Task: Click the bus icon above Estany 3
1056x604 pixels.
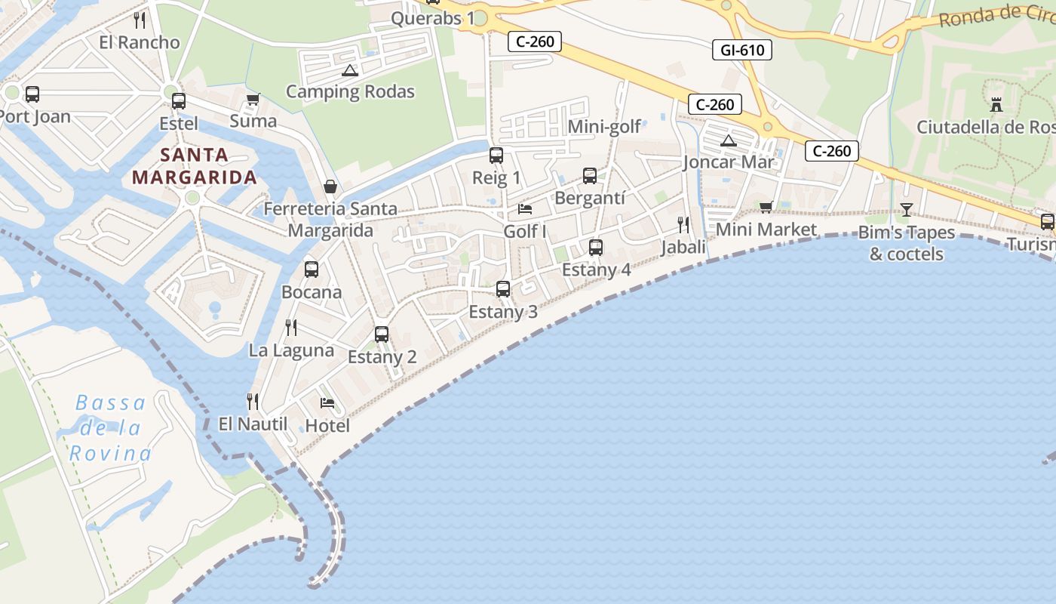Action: click(x=503, y=288)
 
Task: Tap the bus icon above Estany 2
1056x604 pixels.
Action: click(x=382, y=334)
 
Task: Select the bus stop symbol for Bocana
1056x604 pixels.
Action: click(x=311, y=269)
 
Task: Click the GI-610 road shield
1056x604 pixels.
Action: click(x=742, y=51)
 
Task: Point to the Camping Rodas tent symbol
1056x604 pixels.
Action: click(x=349, y=71)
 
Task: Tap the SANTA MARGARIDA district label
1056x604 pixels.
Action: click(x=195, y=166)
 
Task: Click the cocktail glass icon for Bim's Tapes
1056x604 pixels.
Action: click(x=907, y=210)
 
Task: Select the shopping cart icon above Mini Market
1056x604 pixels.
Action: click(x=766, y=207)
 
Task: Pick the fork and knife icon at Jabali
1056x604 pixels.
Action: click(x=683, y=224)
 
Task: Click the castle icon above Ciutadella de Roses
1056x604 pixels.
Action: click(x=996, y=105)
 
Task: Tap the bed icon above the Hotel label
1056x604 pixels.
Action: click(x=327, y=402)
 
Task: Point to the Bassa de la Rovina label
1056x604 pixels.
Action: click(x=110, y=428)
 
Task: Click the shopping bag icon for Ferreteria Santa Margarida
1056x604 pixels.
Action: click(x=330, y=186)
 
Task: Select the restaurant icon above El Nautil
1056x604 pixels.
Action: click(x=253, y=401)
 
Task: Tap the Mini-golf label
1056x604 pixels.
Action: click(x=604, y=127)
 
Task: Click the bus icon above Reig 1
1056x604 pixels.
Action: click(x=496, y=156)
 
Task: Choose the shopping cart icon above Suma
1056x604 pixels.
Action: click(x=253, y=100)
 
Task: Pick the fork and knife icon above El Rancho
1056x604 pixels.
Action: click(x=140, y=20)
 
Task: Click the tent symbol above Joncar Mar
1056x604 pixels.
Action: click(x=728, y=140)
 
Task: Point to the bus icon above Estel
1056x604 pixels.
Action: click(x=179, y=100)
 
